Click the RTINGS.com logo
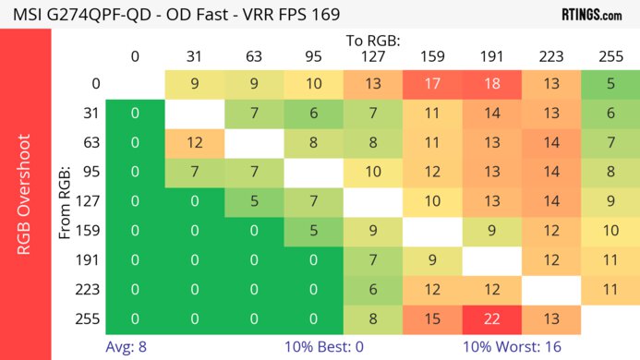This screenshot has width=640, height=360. (598, 14)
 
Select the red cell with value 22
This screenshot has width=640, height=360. (491, 318)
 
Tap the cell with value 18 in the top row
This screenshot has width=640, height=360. (491, 84)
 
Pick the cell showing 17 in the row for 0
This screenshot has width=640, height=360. (432, 84)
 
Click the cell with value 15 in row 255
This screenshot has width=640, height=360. (432, 318)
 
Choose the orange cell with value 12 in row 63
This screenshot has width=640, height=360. (195, 143)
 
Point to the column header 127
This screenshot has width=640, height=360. (373, 55)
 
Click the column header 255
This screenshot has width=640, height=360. (610, 55)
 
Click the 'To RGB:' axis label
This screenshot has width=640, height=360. (372, 41)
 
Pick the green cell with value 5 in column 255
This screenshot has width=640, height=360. (610, 84)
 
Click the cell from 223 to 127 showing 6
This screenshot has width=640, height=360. (373, 289)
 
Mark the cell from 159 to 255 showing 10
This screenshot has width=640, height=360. (610, 231)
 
